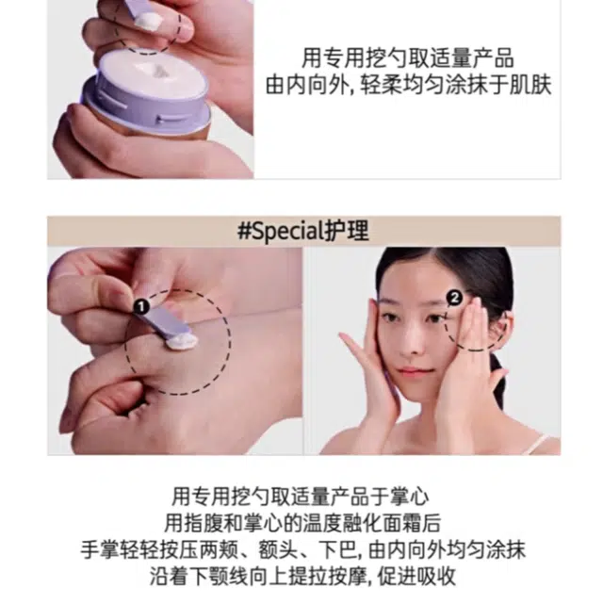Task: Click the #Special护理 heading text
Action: (x=303, y=231)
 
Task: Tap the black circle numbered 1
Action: (x=141, y=307)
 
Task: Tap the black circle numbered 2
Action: (x=454, y=298)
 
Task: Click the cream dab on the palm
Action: (x=182, y=342)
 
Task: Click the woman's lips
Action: (x=413, y=372)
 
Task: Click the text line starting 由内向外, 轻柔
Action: (x=408, y=86)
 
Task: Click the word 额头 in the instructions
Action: (x=278, y=549)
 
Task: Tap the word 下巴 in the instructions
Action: (x=339, y=549)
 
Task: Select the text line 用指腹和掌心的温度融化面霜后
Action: (x=302, y=523)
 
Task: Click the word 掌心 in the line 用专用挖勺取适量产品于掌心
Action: (x=409, y=497)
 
